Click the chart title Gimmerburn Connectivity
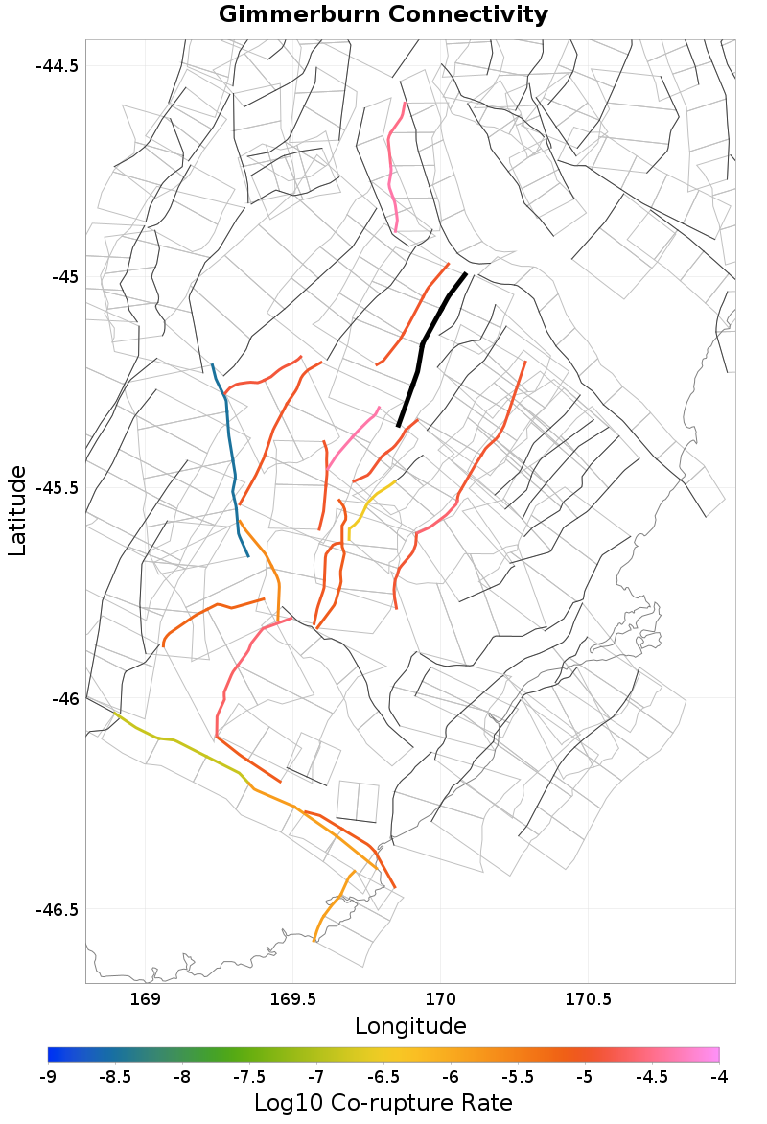tap(383, 15)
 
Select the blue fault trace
tap(231, 451)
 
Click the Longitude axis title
tap(410, 1026)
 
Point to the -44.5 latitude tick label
tap(58, 66)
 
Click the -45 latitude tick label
tap(64, 277)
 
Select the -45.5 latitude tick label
tap(58, 487)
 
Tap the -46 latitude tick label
tap(64, 698)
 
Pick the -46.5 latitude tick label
tap(58, 909)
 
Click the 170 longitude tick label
tap(440, 1000)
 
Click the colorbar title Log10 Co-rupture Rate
tap(383, 1103)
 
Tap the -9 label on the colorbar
tap(48, 1077)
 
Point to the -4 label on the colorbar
tap(719, 1077)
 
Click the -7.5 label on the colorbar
tap(249, 1077)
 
